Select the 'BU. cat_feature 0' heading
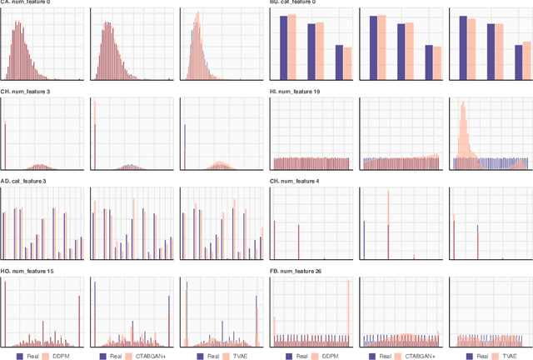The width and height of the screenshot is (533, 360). coord(293,2)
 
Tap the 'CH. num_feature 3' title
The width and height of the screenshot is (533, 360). coord(25,92)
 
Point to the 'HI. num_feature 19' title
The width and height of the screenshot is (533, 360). coord(295,92)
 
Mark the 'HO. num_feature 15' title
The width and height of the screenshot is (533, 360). coord(27,271)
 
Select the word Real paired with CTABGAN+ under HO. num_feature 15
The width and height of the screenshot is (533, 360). coord(117,356)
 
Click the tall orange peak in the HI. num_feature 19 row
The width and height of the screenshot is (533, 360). coord(463,125)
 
